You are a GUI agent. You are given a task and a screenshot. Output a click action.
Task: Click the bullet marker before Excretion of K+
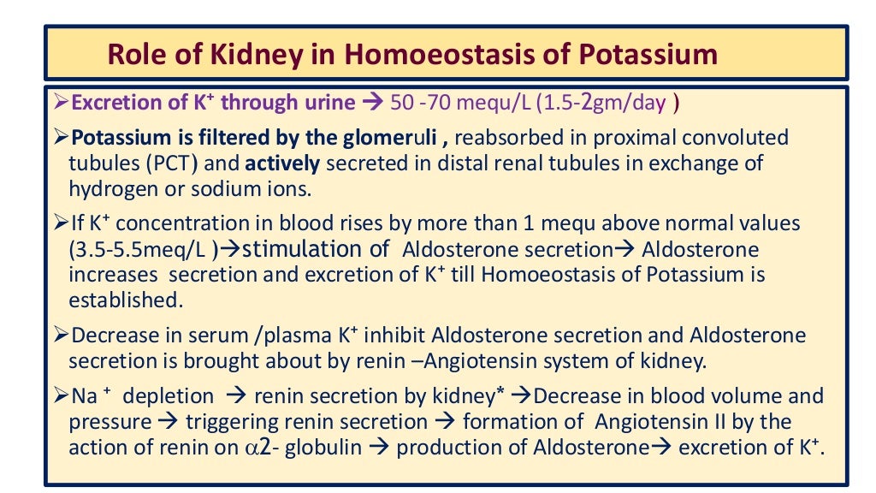click(x=61, y=103)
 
